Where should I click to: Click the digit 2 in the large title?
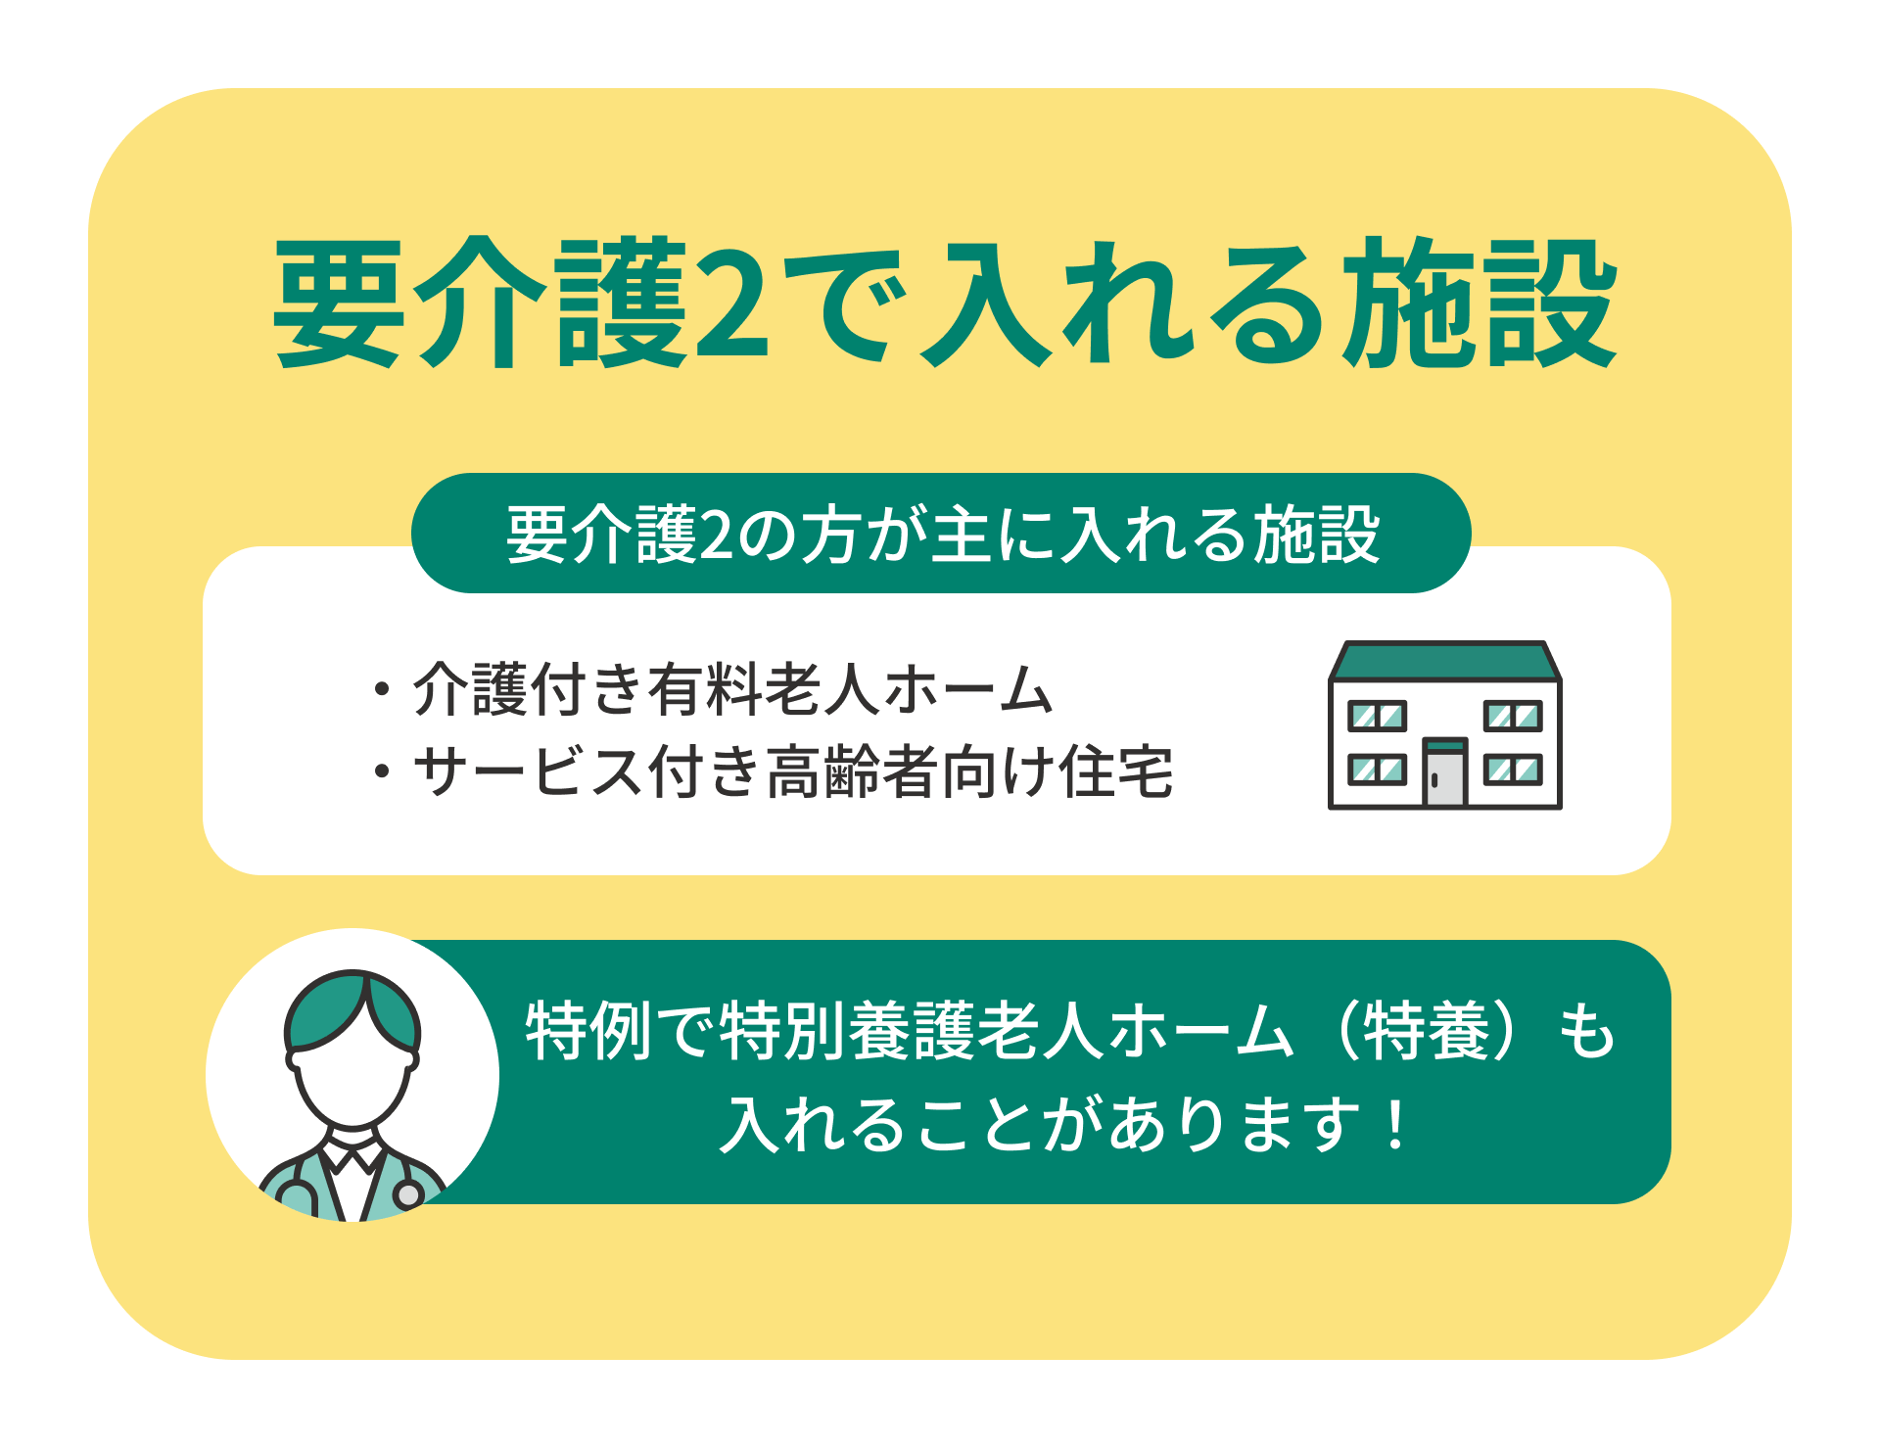[x=731, y=304]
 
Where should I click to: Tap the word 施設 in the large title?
[x=1479, y=303]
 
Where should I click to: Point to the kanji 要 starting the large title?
[x=339, y=303]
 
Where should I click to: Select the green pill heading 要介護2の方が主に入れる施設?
[x=941, y=534]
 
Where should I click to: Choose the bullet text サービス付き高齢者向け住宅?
[x=793, y=771]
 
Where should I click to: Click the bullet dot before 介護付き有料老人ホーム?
[x=382, y=689]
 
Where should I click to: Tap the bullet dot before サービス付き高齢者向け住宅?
[x=382, y=771]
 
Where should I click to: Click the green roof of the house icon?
[x=1444, y=661]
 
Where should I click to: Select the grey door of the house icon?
[x=1444, y=773]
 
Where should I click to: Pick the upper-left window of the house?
[x=1377, y=716]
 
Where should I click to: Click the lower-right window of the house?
[x=1513, y=770]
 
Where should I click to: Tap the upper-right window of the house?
[x=1513, y=716]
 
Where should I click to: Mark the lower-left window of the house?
[x=1377, y=770]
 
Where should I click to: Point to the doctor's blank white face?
[x=352, y=1077]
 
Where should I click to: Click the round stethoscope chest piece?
[x=408, y=1194]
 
